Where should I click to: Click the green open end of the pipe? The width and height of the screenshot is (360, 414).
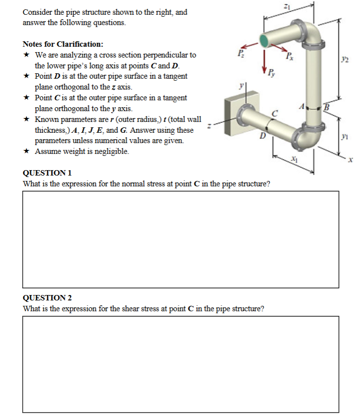coord(266,40)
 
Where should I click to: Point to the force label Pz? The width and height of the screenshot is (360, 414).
coord(240,53)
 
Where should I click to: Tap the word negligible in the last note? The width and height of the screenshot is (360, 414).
coord(112,151)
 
